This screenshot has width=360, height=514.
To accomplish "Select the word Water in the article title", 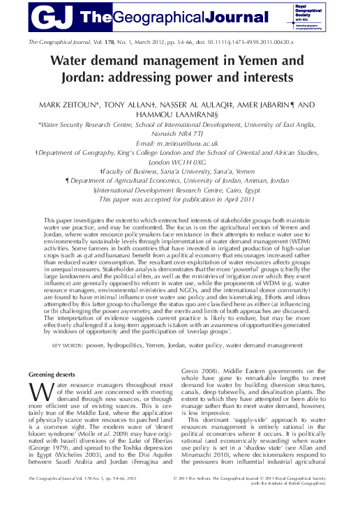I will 73,61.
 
